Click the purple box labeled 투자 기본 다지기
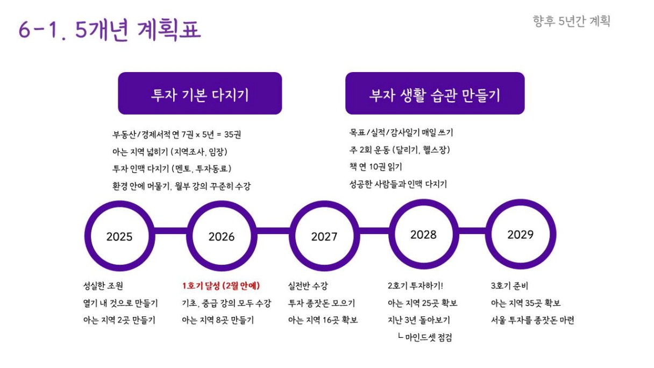point(200,93)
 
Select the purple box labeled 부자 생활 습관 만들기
point(435,93)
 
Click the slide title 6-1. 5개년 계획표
point(110,30)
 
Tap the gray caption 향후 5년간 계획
point(571,22)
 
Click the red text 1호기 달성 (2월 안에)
point(221,286)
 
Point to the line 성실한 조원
point(103,286)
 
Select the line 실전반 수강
point(308,286)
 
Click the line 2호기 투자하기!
point(415,286)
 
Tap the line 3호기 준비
point(509,286)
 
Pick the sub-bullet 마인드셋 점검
point(425,337)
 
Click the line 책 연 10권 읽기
point(376,167)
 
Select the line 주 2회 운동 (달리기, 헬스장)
point(400,150)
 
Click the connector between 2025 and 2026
point(170,231)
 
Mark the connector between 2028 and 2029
point(472,231)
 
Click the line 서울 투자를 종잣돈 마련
point(532,320)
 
